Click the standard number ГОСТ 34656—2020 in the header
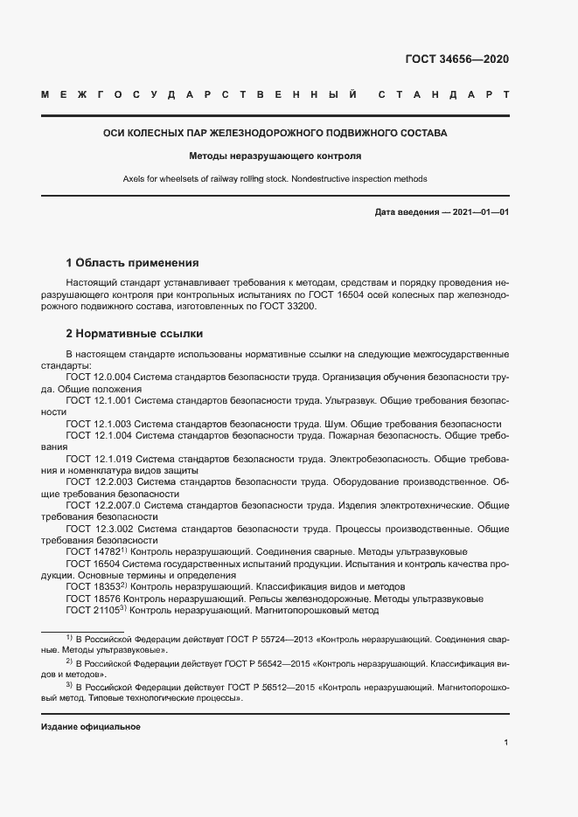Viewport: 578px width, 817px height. pos(456,60)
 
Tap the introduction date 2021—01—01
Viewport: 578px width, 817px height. pos(480,212)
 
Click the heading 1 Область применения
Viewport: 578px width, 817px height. pos(133,262)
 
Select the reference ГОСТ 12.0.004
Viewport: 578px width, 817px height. pos(99,377)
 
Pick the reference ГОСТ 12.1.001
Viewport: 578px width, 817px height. pos(99,399)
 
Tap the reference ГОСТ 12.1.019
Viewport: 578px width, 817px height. pos(99,458)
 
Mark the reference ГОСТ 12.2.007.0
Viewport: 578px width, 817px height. pos(103,505)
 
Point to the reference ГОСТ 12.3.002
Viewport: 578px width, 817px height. pos(99,529)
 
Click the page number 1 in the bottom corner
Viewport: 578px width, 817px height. pos(506,743)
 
